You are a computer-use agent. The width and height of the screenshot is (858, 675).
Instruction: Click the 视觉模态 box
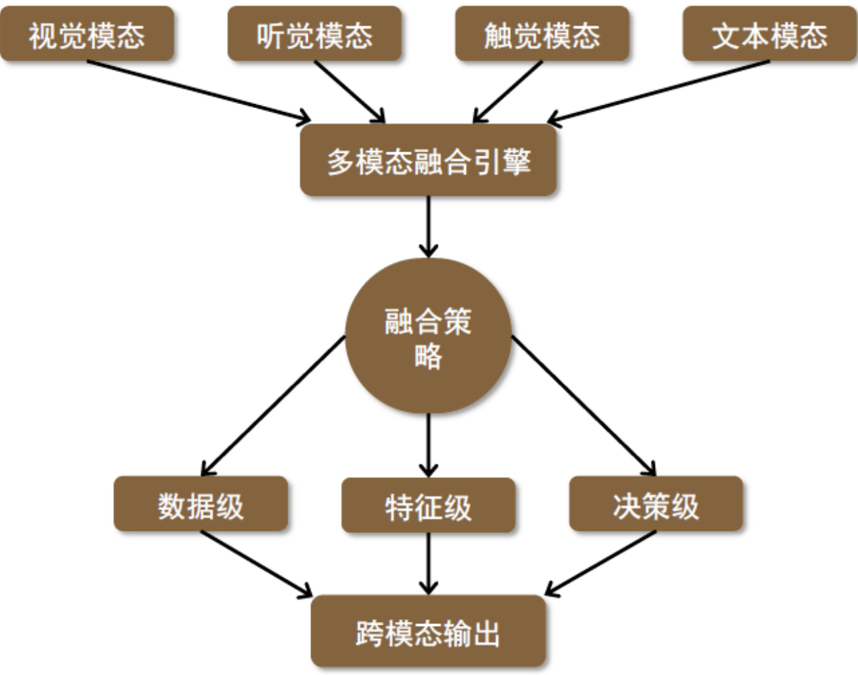pyautogui.click(x=87, y=34)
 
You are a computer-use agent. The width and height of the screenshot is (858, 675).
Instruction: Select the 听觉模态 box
pyautogui.click(x=315, y=34)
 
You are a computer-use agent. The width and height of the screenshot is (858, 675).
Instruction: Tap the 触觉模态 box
pyautogui.click(x=542, y=34)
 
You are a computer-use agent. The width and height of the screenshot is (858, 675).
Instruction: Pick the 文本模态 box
pyautogui.click(x=770, y=34)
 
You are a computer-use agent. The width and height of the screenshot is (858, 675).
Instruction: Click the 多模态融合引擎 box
pyautogui.click(x=428, y=160)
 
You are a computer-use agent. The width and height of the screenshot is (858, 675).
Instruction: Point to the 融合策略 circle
pyautogui.click(x=428, y=336)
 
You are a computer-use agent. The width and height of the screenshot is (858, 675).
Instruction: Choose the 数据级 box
pyautogui.click(x=200, y=504)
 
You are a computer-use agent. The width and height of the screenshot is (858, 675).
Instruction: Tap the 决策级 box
pyautogui.click(x=656, y=504)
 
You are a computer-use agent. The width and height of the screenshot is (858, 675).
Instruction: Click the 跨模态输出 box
pyautogui.click(x=428, y=632)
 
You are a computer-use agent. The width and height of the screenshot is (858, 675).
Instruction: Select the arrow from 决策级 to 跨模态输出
pyautogui.click(x=601, y=563)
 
